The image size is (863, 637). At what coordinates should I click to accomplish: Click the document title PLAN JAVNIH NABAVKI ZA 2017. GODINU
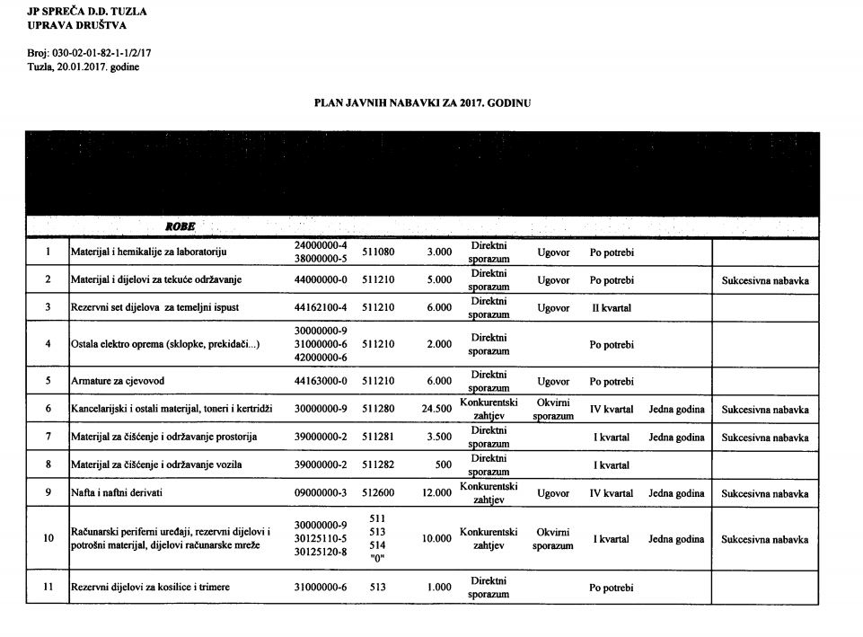coord(422,103)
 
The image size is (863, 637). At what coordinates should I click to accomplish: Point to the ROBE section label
coord(178,226)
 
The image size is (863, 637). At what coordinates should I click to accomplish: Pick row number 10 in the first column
coord(48,539)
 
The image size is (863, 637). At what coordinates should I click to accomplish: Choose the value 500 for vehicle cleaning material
coord(442,464)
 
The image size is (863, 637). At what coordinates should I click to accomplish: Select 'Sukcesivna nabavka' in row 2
coord(765,280)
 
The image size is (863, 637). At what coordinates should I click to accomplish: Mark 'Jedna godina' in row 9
coord(676,493)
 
